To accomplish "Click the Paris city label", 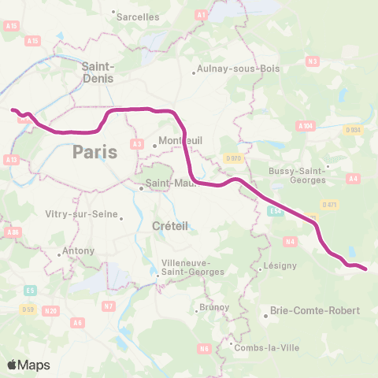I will tap(94, 151).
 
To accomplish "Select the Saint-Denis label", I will tap(98, 72).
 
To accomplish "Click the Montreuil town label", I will tap(180, 140).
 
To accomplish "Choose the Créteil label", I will tap(168, 226).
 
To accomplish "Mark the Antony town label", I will tap(79, 251).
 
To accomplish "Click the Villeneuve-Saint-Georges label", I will tap(192, 267).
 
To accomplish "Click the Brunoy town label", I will tap(214, 306).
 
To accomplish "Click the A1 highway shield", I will tap(201, 14).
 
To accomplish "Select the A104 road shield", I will tap(306, 126).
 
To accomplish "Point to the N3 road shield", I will tap(313, 61).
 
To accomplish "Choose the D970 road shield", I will tap(231, 158).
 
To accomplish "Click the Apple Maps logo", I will tap(28, 365).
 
